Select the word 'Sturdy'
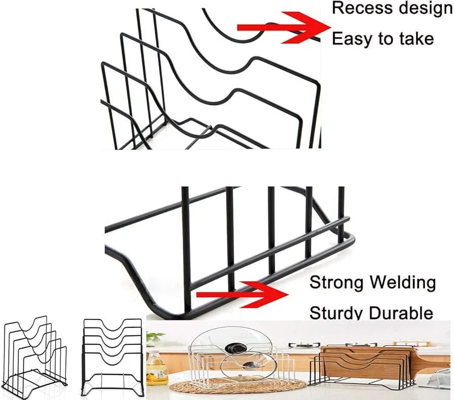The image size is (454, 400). coord(337,312)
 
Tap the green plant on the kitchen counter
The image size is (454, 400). coord(154,337)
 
